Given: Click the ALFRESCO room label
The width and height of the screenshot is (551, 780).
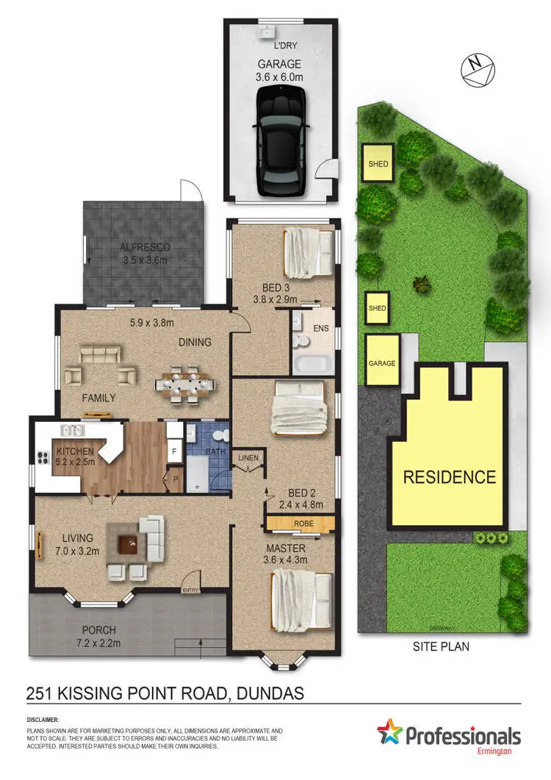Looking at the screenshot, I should (x=145, y=248).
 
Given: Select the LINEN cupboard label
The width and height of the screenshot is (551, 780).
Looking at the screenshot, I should (x=247, y=459).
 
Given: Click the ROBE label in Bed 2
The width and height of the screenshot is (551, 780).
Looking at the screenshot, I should (x=300, y=523).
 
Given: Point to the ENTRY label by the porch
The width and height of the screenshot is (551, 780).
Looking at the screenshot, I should (x=191, y=589).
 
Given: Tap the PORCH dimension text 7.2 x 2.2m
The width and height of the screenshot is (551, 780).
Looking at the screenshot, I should (x=99, y=644).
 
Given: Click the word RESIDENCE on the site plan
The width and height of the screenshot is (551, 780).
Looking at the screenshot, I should (x=450, y=477).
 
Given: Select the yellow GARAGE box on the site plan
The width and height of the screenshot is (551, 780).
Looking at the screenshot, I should (x=381, y=362).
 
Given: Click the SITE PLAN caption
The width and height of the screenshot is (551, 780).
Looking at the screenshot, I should (x=439, y=647).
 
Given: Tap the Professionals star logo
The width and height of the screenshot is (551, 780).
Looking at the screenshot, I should (x=392, y=736).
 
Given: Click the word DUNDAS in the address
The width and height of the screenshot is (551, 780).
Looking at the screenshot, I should (x=264, y=692).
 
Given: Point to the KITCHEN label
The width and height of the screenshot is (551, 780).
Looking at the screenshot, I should (x=74, y=450).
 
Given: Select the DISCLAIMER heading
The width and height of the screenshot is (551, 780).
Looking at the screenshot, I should (x=43, y=720).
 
